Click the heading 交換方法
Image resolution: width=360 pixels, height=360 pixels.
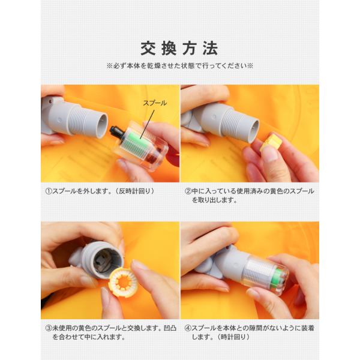coord(179,49)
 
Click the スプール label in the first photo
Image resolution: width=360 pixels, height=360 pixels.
coord(155,103)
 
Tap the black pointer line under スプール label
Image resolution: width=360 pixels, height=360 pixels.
coord(147,124)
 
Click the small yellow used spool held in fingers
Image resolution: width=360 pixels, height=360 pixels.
coord(271,143)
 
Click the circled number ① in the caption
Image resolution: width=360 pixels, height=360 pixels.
coord(49,191)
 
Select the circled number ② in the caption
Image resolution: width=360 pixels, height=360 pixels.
coord(188,191)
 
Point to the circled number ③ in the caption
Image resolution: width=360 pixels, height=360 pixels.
coord(49,328)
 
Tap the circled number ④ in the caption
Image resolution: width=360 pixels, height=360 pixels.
coord(188,328)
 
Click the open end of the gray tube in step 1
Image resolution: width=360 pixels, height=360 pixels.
coord(100,125)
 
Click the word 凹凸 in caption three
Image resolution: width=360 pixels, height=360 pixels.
coord(170,328)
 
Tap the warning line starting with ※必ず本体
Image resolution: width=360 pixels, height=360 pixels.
coord(179,66)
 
